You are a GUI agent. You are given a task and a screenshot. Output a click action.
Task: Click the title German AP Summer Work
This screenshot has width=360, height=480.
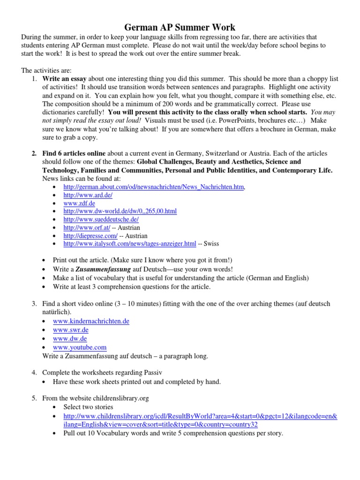180,27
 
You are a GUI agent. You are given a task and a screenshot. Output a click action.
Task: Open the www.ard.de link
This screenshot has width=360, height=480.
88,195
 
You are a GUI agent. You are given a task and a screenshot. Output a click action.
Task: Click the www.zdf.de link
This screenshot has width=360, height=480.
79,203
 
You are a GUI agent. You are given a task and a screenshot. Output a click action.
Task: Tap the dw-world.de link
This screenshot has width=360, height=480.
120,211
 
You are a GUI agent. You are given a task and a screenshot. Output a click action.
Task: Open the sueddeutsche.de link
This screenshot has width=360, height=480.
101,219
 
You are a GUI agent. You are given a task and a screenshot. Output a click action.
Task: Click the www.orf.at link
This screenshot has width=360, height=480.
87,228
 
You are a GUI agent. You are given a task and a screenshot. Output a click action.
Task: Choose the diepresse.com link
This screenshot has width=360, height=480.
90,236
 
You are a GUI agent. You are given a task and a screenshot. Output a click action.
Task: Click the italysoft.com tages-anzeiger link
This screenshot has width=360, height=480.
130,244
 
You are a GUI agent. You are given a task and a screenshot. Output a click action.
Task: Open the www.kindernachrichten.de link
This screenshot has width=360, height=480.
91,321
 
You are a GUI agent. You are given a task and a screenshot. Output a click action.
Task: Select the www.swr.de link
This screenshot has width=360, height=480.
71,330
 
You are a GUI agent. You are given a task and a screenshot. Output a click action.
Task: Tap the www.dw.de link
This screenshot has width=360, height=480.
70,338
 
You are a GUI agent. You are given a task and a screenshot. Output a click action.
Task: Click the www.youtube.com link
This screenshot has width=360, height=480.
80,347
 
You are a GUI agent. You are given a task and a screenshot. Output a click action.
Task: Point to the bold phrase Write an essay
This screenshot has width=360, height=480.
64,79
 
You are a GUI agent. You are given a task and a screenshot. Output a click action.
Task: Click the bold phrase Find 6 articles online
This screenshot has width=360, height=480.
74,154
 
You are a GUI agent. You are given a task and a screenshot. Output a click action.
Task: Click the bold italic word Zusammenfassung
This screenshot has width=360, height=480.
101,269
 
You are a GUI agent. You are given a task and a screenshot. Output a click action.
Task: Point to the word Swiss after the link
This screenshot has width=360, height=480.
211,244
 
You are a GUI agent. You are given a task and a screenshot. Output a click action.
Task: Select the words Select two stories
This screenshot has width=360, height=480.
88,407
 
